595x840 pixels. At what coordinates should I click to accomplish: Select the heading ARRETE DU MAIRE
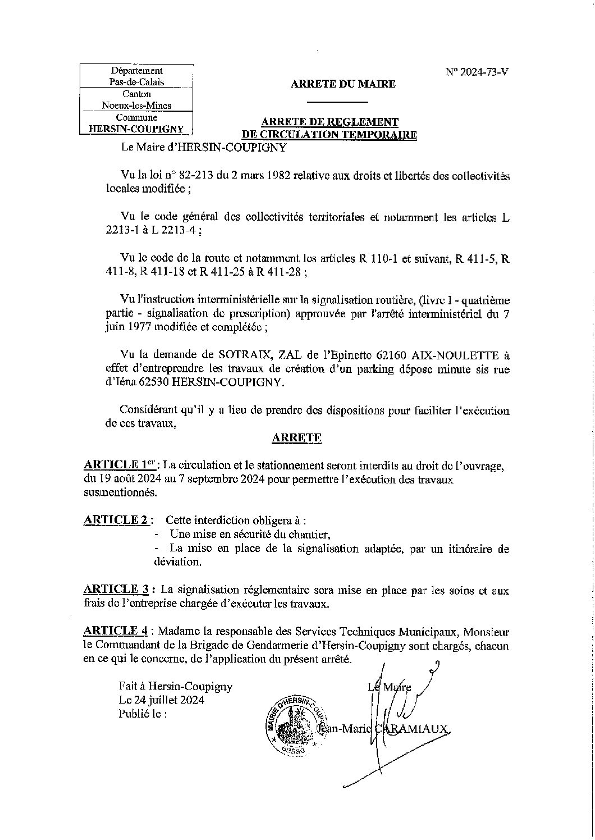342,84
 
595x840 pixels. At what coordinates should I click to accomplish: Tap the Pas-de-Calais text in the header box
136,82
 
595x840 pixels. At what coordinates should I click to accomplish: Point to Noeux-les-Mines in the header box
136,105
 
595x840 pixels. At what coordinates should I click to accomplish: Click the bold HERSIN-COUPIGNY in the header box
136,129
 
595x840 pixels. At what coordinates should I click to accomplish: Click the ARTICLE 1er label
118,465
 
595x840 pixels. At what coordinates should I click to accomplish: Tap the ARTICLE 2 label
116,520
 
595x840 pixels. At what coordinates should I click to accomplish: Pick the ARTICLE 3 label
116,590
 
